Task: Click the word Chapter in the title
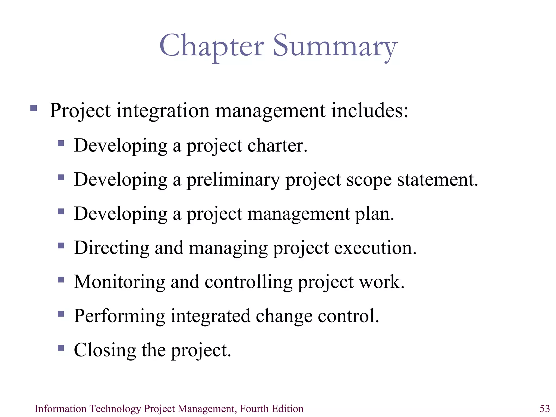coord(211,46)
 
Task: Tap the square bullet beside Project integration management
coord(34,108)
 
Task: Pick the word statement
coord(437,180)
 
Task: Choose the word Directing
coord(112,248)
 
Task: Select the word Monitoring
coord(119,282)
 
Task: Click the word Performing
coord(119,316)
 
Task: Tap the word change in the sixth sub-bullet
coord(284,316)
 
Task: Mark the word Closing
coord(105,350)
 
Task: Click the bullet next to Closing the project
coord(61,348)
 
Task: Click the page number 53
coord(545,409)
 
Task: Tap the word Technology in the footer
coord(115,409)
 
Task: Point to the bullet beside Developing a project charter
coord(61,143)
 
